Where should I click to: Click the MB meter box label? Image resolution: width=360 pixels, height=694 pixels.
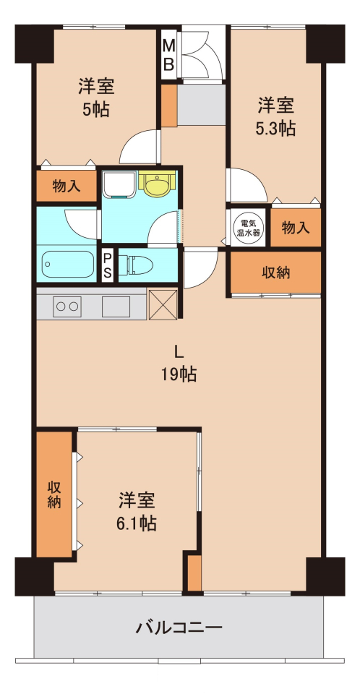[x=168, y=56]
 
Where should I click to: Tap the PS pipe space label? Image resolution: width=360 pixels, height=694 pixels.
[x=108, y=266]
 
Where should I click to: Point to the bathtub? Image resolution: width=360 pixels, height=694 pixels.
[x=68, y=265]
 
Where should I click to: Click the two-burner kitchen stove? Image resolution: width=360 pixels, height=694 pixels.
[x=67, y=307]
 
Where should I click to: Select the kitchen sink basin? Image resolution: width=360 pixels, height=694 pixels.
[x=116, y=307]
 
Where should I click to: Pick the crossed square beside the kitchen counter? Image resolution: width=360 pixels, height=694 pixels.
[x=163, y=304]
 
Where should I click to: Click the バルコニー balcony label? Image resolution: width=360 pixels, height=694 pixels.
[x=179, y=627]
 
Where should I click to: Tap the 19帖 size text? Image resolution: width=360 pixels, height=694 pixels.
[x=179, y=375]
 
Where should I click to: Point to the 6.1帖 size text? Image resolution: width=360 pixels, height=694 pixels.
[x=137, y=524]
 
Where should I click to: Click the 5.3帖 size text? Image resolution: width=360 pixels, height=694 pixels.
[x=275, y=129]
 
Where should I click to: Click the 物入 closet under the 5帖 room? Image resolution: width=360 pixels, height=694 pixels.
[x=67, y=187]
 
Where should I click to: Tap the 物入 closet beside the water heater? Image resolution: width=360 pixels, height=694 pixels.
[x=296, y=228]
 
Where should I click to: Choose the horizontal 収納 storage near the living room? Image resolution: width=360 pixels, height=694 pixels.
[x=275, y=273]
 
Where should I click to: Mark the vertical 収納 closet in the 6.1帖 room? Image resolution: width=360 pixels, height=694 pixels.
[x=54, y=494]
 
